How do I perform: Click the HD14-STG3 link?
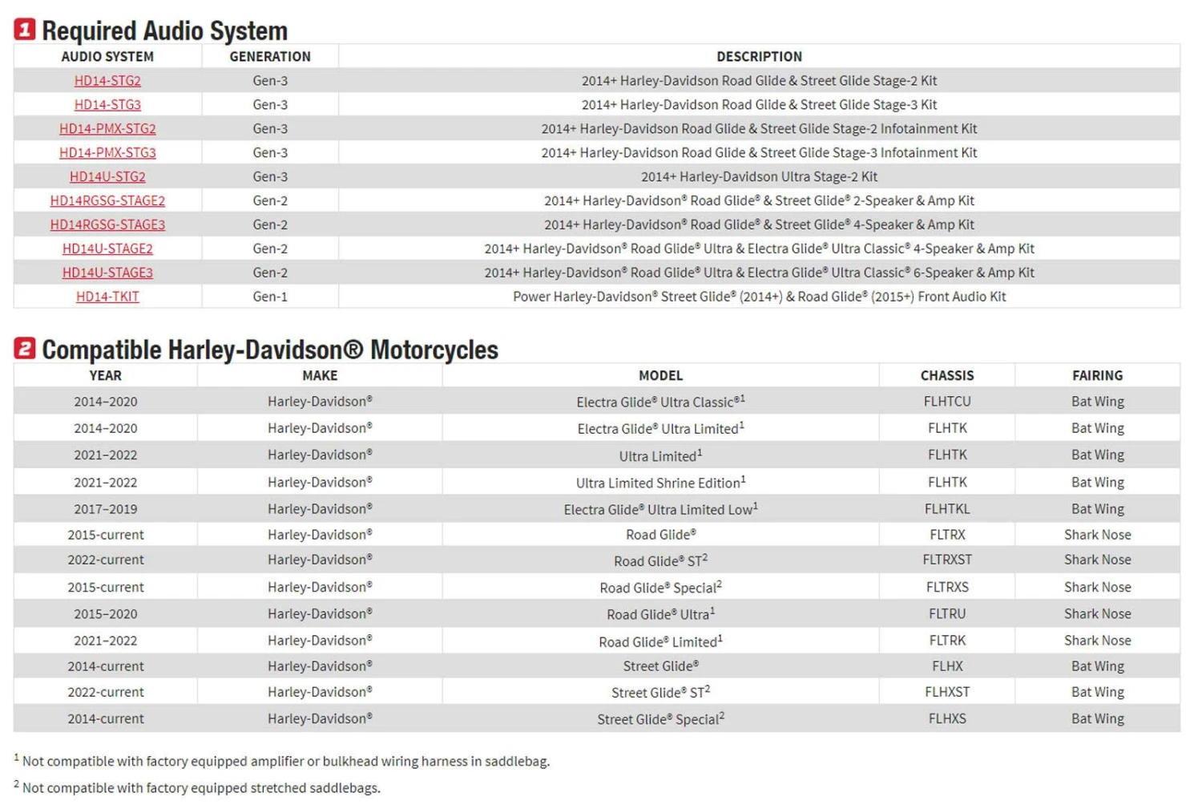point(107,104)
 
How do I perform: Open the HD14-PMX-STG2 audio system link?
point(107,128)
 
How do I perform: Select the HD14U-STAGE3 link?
point(107,273)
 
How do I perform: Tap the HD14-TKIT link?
point(107,297)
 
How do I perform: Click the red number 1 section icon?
point(24,30)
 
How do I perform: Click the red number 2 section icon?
point(24,349)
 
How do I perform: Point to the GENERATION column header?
point(270,56)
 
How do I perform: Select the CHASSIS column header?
point(946,375)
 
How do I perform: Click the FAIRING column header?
point(1097,375)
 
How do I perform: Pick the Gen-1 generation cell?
point(270,297)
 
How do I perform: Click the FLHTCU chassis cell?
point(946,402)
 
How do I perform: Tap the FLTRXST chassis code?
point(946,560)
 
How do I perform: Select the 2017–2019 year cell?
point(106,509)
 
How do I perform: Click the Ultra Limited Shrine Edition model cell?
point(660,483)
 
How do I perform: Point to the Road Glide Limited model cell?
point(660,641)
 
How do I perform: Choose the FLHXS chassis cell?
point(946,719)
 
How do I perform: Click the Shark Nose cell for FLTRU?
point(1097,614)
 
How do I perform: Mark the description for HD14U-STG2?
point(759,176)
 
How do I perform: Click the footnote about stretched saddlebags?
point(200,788)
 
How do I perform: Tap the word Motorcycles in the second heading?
point(434,350)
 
